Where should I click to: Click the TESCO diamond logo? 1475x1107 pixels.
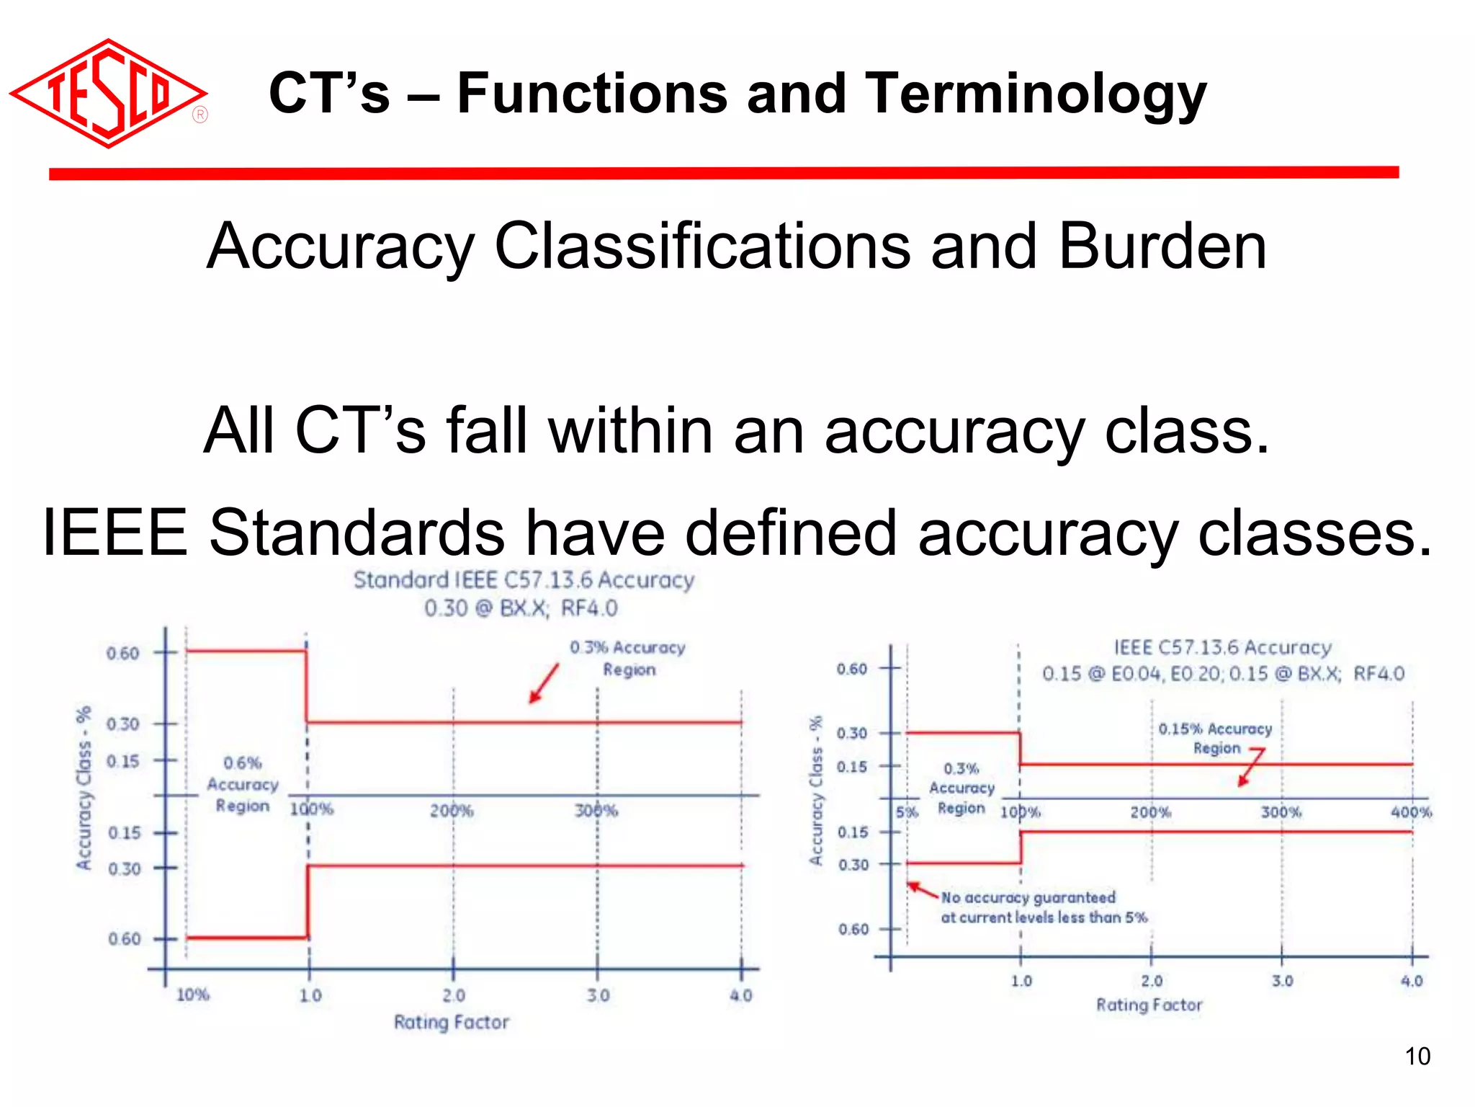(x=108, y=94)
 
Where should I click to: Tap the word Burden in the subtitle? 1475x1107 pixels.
(x=1162, y=246)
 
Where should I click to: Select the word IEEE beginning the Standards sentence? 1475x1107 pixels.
(x=115, y=533)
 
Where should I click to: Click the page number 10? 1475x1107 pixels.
(x=1417, y=1057)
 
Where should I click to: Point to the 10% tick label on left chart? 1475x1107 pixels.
(x=192, y=995)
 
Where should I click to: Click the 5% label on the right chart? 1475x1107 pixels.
(x=907, y=812)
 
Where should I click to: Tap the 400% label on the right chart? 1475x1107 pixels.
(x=1410, y=812)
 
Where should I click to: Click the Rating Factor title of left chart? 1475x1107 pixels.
(x=451, y=1022)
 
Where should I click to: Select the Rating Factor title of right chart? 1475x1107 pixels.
(x=1149, y=1005)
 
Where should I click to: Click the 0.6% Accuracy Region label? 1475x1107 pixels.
(x=243, y=784)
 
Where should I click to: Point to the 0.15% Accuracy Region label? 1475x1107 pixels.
(x=1215, y=738)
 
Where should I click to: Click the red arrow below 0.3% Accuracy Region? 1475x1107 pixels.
(x=544, y=683)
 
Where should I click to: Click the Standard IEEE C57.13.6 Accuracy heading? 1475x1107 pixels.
(x=524, y=580)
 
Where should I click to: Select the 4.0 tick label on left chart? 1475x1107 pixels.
(x=740, y=995)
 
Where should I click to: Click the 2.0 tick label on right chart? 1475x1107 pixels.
(x=1151, y=981)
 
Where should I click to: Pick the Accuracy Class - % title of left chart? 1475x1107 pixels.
(x=84, y=787)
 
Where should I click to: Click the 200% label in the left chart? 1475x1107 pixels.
(x=452, y=811)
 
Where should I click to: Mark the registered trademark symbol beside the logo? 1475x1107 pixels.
(x=200, y=115)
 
